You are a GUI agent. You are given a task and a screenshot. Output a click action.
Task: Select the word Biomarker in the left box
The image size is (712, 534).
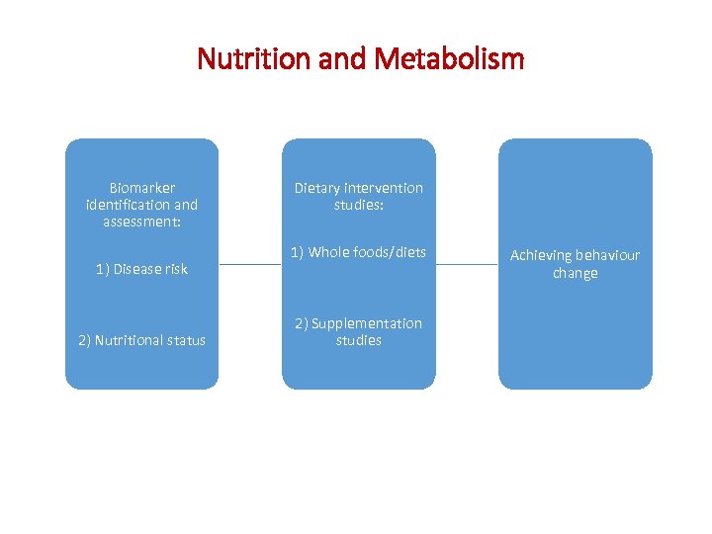141,188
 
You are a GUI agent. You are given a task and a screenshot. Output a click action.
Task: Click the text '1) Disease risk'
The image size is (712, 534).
141,269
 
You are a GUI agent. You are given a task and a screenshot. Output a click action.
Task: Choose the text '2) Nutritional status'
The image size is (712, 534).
141,340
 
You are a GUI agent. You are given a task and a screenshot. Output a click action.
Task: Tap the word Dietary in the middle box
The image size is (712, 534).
317,188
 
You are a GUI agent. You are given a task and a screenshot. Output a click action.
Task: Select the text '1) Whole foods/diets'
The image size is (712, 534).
358,252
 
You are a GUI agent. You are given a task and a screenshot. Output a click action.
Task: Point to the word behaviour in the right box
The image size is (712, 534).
607,255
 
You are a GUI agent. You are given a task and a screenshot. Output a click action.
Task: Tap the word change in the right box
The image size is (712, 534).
576,273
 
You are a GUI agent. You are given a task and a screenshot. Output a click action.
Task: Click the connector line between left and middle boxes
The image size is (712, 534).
250,265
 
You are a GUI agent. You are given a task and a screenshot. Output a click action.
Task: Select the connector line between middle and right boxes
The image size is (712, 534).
467,265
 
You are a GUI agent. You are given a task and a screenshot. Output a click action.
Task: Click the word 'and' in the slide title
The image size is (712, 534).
343,59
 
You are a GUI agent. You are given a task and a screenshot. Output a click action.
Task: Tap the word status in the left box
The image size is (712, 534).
185,340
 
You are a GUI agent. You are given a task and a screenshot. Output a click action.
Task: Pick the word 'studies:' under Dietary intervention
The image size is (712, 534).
358,205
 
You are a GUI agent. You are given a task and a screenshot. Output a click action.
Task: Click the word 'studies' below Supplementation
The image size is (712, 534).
358,340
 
